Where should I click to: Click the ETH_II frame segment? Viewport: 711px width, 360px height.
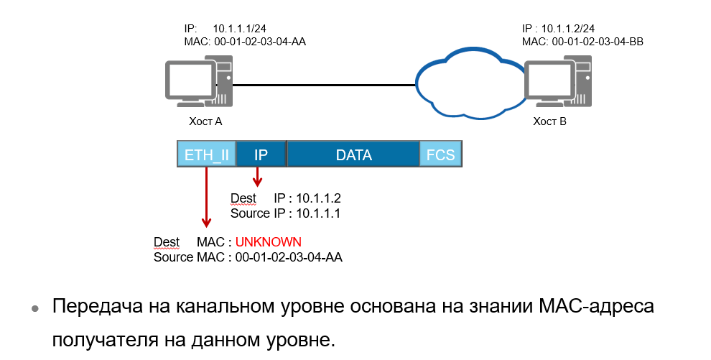tap(206, 154)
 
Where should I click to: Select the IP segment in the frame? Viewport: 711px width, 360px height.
tap(261, 154)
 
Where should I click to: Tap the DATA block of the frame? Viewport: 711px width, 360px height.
tap(353, 154)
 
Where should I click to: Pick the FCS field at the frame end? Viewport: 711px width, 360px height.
tap(441, 154)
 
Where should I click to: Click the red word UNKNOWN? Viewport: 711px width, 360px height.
tap(268, 241)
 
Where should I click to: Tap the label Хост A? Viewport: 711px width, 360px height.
tap(205, 122)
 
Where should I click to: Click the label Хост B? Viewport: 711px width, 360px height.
tap(549, 122)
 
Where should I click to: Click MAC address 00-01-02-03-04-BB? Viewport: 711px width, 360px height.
tap(598, 42)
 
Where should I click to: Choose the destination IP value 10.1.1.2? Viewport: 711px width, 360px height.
tap(318, 198)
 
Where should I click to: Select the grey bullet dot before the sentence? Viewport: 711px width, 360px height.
tap(34, 309)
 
